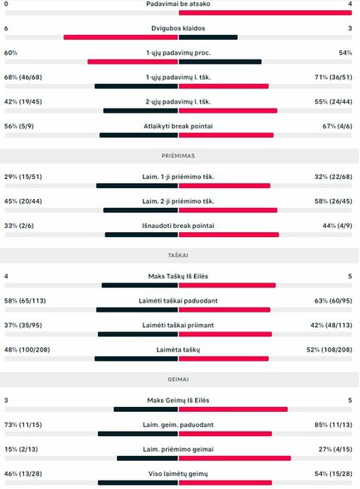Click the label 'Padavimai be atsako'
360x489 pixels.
click(179, 4)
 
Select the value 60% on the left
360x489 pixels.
click(11, 52)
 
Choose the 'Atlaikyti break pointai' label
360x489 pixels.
click(179, 126)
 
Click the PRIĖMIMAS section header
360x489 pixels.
click(179, 155)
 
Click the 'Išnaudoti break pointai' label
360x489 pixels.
click(179, 225)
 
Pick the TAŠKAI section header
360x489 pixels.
click(179, 254)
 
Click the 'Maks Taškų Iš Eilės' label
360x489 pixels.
click(179, 276)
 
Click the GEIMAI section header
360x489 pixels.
click(179, 379)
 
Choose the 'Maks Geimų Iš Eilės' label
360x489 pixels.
click(179, 400)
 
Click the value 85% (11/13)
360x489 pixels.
click(335, 424)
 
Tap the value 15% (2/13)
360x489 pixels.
click(22, 449)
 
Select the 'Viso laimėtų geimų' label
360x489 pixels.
click(179, 473)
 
